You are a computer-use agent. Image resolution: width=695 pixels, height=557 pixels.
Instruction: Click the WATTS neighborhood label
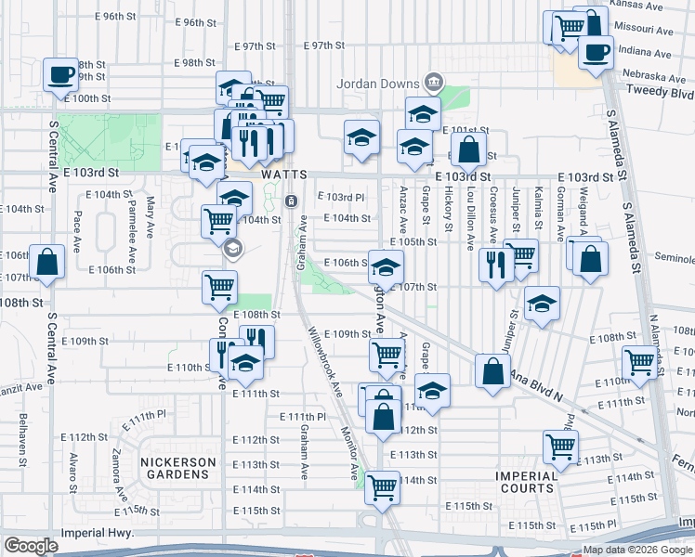coord(283,175)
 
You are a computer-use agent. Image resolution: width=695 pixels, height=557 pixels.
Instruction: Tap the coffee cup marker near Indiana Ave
coord(596,50)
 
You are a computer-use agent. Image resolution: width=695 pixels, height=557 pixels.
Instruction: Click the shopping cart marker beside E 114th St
coord(382,486)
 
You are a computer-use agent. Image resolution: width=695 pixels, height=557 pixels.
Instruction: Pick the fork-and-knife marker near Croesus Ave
coord(494,266)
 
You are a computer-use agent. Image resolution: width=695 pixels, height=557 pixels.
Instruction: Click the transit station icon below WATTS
coord(291,201)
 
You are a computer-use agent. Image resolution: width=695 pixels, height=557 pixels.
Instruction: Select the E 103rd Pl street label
coord(340,197)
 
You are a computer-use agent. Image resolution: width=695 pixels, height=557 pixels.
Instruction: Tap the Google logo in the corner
coord(31,546)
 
